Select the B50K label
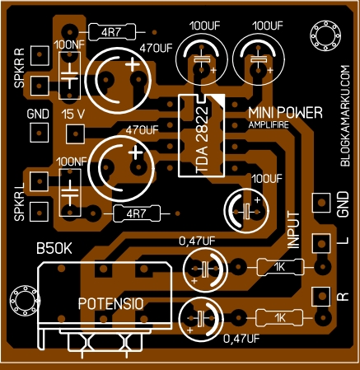(x=54, y=247)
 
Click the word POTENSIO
(x=111, y=303)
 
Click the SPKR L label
(x=19, y=197)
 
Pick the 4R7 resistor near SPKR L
(x=133, y=214)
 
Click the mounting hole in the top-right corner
(x=324, y=35)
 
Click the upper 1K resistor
(x=280, y=266)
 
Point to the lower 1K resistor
(x=280, y=317)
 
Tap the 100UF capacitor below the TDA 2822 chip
(x=247, y=207)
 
